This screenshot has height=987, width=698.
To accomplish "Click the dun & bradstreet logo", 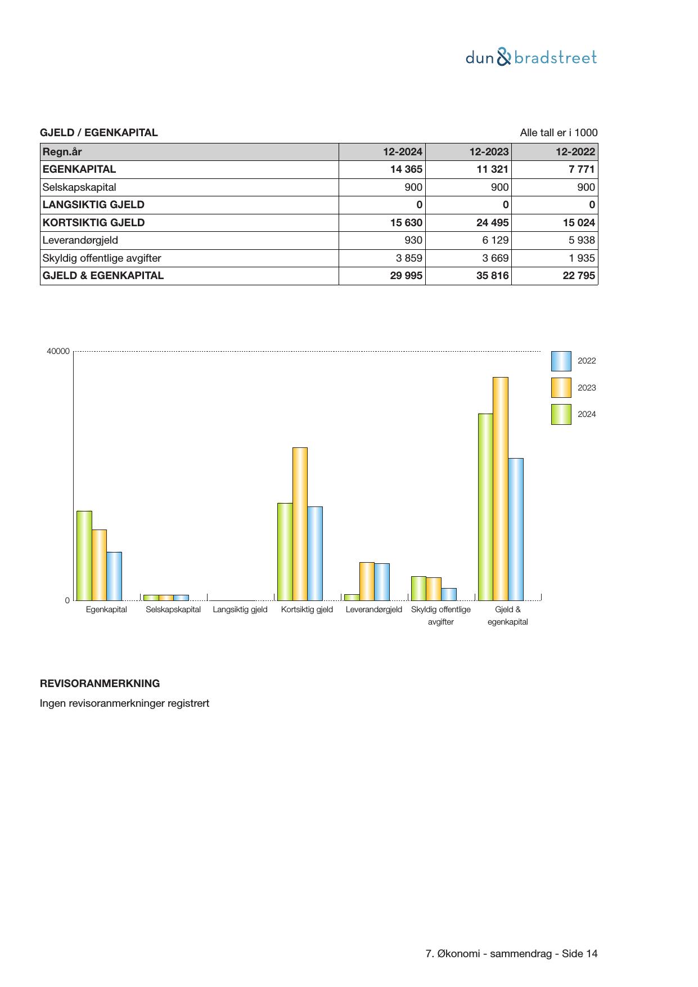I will (x=531, y=57).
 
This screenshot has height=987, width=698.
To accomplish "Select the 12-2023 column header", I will (x=489, y=152).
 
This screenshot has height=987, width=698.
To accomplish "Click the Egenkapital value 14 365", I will (x=406, y=169).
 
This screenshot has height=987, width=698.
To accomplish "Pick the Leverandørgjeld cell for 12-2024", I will (x=413, y=240).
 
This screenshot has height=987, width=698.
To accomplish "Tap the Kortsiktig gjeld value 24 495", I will (x=492, y=223).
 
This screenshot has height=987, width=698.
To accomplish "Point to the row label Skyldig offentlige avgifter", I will (x=102, y=258).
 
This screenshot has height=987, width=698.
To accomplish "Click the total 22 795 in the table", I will (x=578, y=276).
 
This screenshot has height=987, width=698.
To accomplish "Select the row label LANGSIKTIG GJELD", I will (x=93, y=205).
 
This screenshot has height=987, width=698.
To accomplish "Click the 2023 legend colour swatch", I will (x=561, y=388).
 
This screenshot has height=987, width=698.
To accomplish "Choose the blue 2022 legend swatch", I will (x=561, y=361).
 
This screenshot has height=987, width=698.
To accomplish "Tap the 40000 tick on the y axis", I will (x=58, y=352).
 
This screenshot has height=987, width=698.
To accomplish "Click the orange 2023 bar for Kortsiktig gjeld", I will (x=300, y=523).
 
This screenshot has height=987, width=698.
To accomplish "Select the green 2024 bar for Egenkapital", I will (x=84, y=555).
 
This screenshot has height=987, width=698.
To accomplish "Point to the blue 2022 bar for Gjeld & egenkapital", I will (x=515, y=529).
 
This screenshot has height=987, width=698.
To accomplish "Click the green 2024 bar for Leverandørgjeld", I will (x=352, y=598).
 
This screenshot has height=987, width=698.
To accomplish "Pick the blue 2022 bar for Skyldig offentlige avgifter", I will (x=449, y=594).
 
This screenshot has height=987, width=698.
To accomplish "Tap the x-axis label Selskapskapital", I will (x=173, y=609).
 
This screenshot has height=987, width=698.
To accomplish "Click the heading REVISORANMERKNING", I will (x=100, y=684).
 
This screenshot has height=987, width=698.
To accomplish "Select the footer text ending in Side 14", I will (x=511, y=954).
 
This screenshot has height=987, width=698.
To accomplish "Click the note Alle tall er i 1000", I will (x=559, y=133).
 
